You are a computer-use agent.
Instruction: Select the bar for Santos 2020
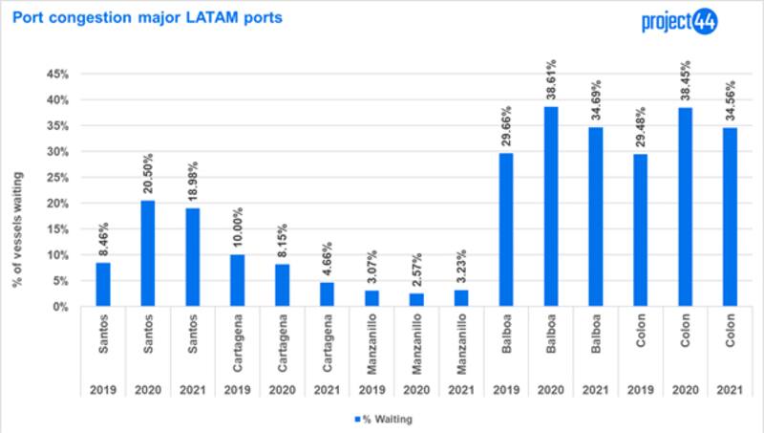tap(147, 253)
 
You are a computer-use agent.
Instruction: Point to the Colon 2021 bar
tap(730, 217)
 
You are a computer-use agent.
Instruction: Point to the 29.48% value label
tap(640, 129)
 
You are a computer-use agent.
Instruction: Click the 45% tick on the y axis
tap(58, 74)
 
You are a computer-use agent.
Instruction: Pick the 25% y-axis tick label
tap(58, 178)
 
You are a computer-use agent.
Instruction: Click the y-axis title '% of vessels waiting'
tap(18, 191)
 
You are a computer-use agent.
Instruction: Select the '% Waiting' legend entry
tap(387, 417)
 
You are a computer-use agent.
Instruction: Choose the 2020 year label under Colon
tap(685, 390)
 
